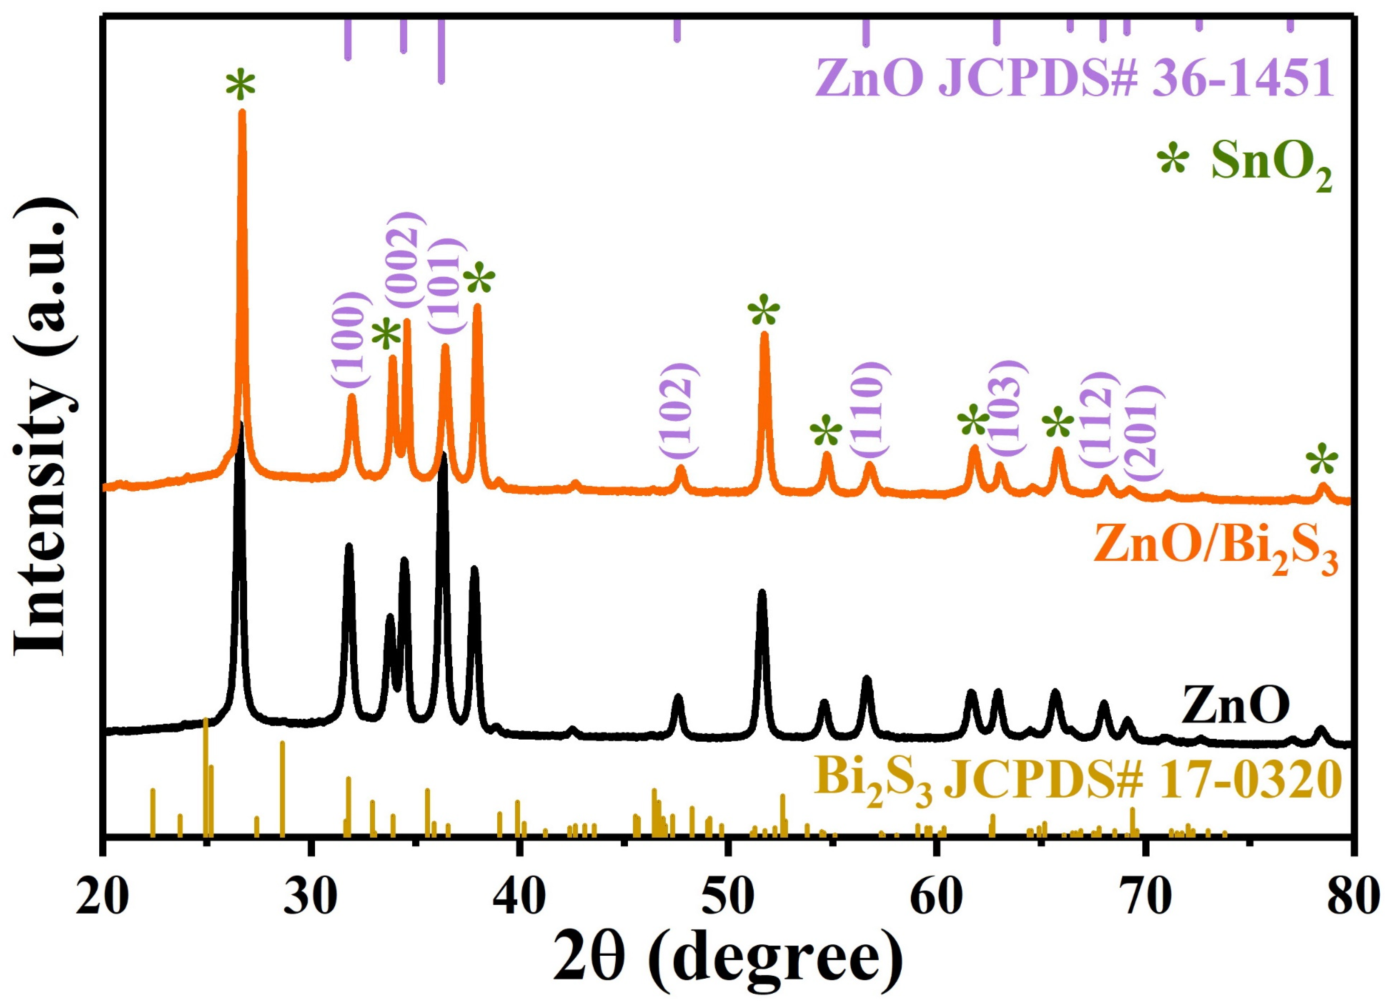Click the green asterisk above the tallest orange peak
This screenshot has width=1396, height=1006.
[x=240, y=85]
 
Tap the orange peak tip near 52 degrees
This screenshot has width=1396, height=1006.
[x=764, y=334]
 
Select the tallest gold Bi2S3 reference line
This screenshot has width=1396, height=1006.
[x=205, y=720]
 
